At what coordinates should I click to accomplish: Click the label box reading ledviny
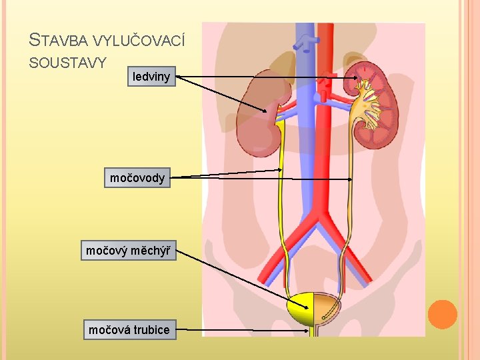(x=151, y=77)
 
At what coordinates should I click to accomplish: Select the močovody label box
(x=137, y=177)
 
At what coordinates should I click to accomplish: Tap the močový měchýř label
(x=129, y=251)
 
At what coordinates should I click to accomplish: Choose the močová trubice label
(x=129, y=329)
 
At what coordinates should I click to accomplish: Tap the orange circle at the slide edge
(x=442, y=314)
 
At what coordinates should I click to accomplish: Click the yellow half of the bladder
(x=301, y=310)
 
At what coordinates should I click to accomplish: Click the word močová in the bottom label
(x=109, y=329)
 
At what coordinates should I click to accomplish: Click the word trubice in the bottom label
(x=151, y=329)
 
